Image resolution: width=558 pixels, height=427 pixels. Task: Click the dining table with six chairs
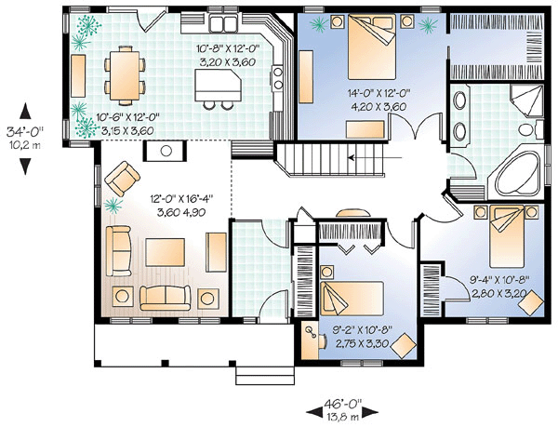125,75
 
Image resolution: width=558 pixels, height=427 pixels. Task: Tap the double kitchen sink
223,24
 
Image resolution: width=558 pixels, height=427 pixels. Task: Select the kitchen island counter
219,85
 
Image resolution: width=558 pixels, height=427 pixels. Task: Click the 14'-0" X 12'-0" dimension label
379,94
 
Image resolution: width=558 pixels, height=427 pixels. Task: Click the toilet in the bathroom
531,129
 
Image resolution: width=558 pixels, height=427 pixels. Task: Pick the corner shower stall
526,100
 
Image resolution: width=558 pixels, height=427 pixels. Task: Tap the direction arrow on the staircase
375,157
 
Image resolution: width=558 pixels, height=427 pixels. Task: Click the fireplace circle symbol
166,151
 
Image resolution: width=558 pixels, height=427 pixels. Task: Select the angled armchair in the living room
122,179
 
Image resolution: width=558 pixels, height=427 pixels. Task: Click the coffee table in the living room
166,252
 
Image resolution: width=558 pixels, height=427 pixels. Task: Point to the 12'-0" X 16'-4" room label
181,198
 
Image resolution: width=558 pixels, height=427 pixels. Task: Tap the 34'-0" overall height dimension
24,132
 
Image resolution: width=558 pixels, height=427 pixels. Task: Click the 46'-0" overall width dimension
342,404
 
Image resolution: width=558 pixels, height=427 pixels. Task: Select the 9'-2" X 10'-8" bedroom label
363,329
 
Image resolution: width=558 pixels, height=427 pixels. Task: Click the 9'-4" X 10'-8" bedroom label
500,280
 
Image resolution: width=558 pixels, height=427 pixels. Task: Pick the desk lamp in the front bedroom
311,331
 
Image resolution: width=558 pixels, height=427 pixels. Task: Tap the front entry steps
265,376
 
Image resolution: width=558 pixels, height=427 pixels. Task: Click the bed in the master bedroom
372,47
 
